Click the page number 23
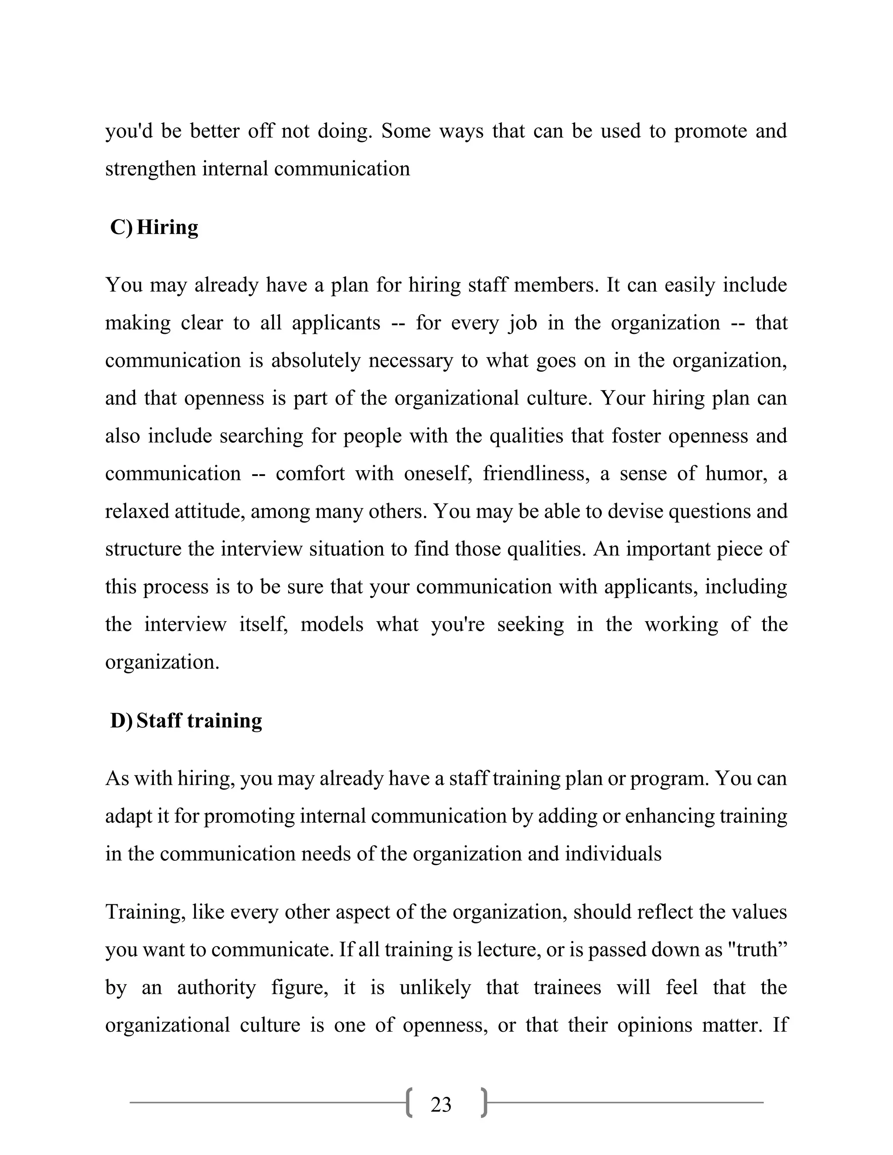tap(441, 1105)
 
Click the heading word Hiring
tap(167, 227)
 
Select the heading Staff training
tap(199, 720)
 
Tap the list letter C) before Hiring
tap(121, 227)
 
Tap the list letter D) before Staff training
tap(121, 720)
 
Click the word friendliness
tap(536, 473)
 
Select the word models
tap(332, 625)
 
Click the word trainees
tap(567, 987)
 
